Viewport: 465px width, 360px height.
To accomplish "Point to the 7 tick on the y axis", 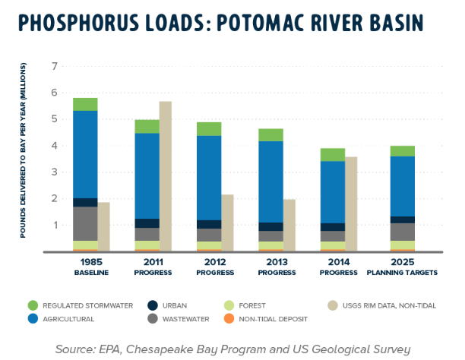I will (54, 66).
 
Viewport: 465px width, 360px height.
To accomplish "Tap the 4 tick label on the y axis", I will (54, 146).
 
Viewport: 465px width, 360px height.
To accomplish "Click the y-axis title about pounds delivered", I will (24, 160).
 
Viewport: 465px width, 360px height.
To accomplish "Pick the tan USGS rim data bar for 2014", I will (351, 204).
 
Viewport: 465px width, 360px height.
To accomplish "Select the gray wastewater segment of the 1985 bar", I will (85, 223).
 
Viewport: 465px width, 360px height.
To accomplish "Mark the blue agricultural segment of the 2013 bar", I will (270, 182).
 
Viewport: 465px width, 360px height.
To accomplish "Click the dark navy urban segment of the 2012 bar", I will (208, 224).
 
